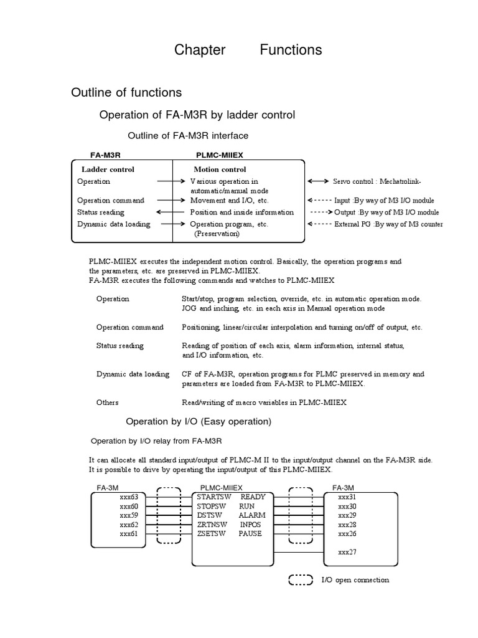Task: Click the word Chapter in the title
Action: (x=200, y=50)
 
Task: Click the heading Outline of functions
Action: (x=126, y=93)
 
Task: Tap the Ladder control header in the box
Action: (x=108, y=169)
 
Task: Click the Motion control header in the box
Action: (x=220, y=169)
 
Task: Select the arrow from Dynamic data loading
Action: (x=171, y=224)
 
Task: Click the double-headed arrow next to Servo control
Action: (x=318, y=181)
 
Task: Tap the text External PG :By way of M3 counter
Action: (x=389, y=224)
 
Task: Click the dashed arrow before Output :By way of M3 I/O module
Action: (x=321, y=212)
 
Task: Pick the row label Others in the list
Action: (x=107, y=402)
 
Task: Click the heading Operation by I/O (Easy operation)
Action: (x=199, y=422)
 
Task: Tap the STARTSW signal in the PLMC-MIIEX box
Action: (x=213, y=497)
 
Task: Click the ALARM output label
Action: (x=251, y=515)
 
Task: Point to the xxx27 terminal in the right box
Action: (x=347, y=552)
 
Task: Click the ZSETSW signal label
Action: (x=212, y=534)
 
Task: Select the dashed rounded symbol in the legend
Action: (x=301, y=580)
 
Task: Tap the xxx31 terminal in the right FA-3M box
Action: (x=347, y=497)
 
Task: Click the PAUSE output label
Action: (x=250, y=534)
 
